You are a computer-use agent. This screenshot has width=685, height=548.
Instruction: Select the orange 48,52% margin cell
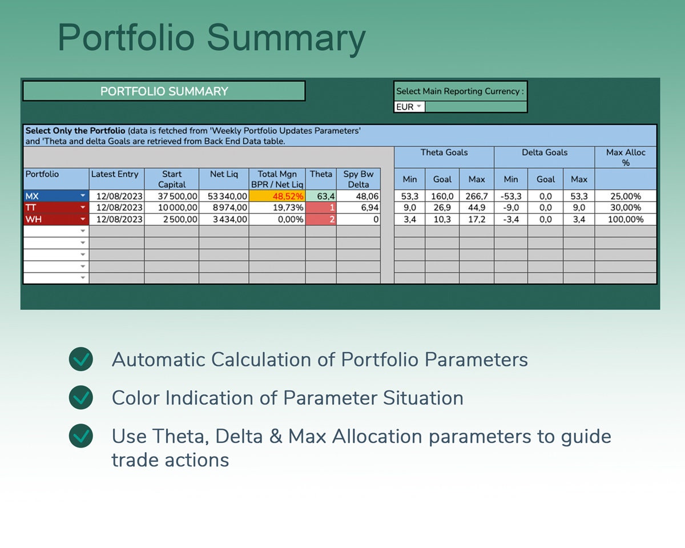(277, 196)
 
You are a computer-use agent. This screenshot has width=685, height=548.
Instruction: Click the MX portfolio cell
(56, 196)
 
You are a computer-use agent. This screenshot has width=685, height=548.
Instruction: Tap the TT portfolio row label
(56, 207)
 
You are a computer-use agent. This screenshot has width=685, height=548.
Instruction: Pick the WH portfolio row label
(56, 219)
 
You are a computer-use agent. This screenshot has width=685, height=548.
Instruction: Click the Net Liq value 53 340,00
(224, 196)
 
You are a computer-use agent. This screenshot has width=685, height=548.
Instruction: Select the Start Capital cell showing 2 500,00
(171, 219)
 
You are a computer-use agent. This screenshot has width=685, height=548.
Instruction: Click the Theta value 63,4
(321, 196)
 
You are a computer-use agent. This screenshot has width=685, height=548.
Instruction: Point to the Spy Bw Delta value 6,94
(358, 207)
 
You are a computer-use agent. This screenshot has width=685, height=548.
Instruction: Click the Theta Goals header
(444, 152)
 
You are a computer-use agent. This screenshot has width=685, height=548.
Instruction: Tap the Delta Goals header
(544, 152)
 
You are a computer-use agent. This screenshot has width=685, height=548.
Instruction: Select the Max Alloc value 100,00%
(626, 219)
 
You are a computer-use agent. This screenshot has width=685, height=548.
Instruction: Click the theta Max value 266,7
(476, 196)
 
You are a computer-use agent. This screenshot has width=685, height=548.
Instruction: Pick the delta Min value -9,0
(510, 207)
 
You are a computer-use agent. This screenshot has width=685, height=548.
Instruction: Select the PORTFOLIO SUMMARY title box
(164, 91)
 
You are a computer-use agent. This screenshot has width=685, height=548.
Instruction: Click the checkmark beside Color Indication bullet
(81, 397)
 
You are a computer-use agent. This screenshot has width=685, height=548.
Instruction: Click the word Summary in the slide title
(285, 38)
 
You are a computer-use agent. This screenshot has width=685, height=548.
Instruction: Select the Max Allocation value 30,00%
(626, 207)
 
